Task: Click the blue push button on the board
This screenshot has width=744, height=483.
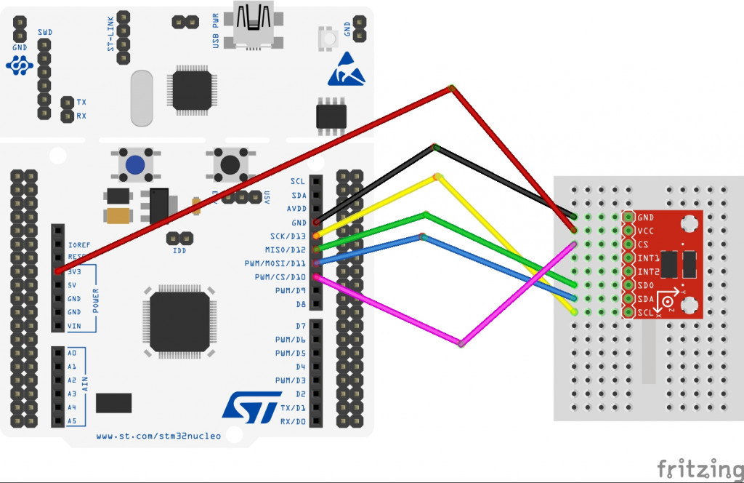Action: (134, 165)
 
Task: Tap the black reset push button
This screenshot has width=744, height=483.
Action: (231, 165)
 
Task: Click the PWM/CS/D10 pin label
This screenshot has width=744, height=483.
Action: (280, 277)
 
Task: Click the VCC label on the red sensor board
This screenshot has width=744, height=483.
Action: (645, 231)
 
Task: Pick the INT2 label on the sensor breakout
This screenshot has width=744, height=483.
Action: (647, 271)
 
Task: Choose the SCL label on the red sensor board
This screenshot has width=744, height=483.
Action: (645, 313)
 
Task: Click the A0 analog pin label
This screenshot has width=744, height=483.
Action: (71, 352)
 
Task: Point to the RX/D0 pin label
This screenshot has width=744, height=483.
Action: (293, 421)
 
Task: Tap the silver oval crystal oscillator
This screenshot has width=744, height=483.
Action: (142, 98)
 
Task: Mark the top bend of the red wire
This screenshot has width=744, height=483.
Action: (451, 88)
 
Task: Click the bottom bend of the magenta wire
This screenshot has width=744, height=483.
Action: (461, 343)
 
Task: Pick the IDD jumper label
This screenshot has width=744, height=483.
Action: (179, 251)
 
